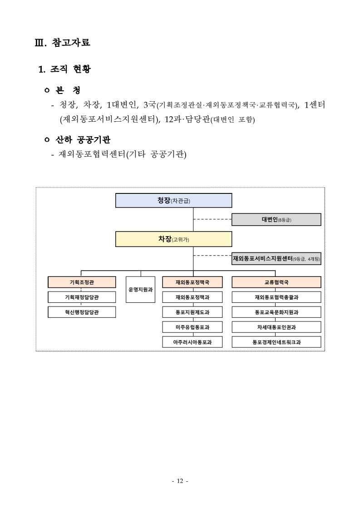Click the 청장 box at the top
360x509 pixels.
coord(173,200)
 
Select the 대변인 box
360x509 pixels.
coord(276,220)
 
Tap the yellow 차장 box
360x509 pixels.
coord(173,239)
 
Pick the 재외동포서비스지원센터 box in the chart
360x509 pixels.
coord(276,258)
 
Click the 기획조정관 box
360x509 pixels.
coord(82,282)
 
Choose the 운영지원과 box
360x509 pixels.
coord(140,289)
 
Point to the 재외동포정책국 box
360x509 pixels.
coord(192,282)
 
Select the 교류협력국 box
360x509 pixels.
coord(276,282)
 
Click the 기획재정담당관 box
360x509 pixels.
coord(82,297)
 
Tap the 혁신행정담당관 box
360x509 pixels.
coord(82,312)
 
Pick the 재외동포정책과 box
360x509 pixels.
coord(192,297)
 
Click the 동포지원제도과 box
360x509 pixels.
coord(192,312)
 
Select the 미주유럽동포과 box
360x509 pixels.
coord(192,327)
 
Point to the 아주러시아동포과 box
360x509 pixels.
coord(192,342)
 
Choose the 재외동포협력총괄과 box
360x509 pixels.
coord(276,297)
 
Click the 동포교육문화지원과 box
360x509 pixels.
coord(276,312)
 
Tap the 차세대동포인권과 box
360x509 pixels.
coord(276,327)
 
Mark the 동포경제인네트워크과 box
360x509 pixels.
coord(276,342)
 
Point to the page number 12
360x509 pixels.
coord(180,481)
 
